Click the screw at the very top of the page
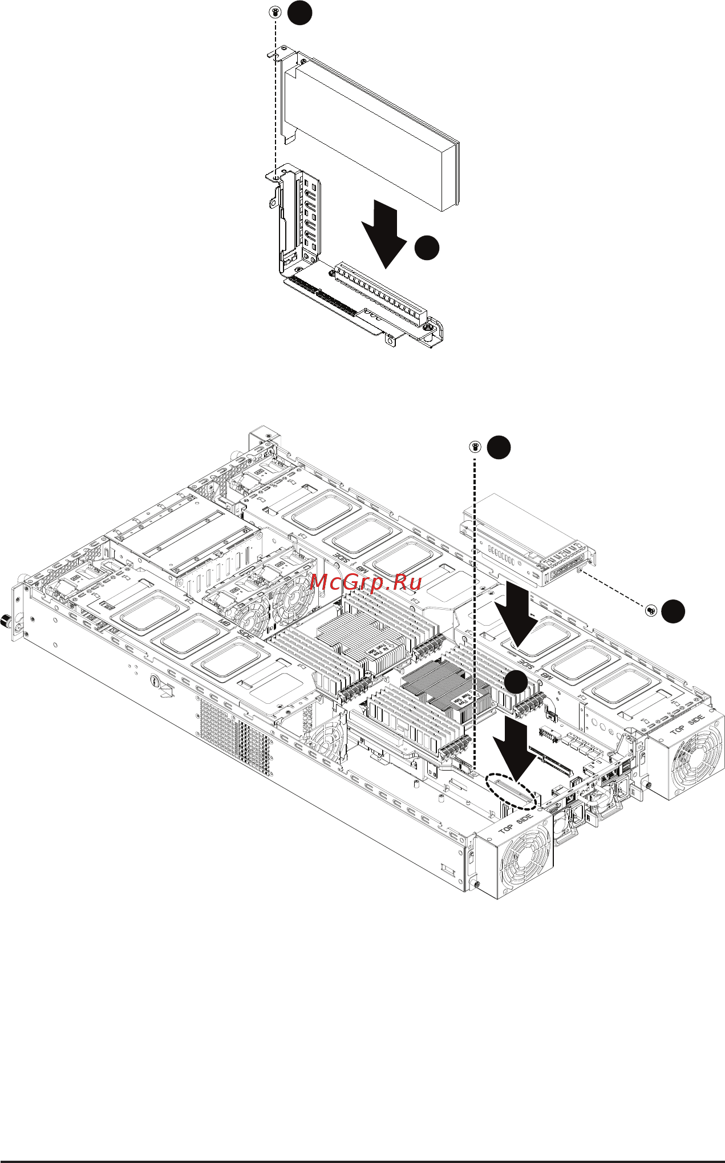[276, 11]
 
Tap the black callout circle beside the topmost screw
[299, 12]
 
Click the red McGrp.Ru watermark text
[366, 582]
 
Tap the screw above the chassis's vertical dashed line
[475, 447]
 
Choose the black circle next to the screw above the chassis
[498, 447]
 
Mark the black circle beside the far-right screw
[673, 611]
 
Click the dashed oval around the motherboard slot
[512, 791]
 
